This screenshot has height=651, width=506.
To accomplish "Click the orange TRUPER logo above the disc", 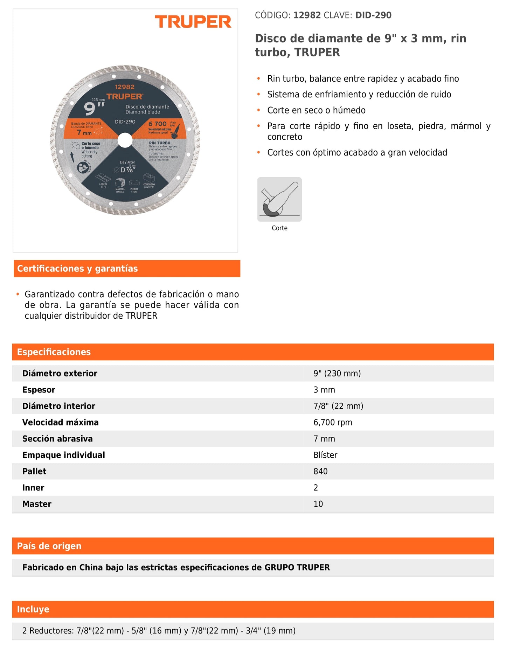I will pos(193,22).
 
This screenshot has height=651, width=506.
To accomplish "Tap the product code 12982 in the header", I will pos(307,15).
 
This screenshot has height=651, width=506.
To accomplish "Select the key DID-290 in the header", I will pos(373,15).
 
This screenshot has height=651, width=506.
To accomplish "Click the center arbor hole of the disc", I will pos(125,140).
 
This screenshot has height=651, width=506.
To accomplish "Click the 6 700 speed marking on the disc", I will pos(157,124).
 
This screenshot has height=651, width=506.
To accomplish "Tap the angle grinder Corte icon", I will pos(279,199).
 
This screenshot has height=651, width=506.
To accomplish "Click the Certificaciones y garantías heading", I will pos(77,269).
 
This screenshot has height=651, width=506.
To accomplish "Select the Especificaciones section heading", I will pos(54,352).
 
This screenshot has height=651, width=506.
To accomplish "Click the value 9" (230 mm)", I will pos(337,373).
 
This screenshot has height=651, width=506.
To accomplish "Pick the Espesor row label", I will pos(39,390).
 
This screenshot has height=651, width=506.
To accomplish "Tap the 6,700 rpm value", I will pos(333,422).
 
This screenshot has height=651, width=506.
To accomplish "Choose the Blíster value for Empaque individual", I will pos(325,455).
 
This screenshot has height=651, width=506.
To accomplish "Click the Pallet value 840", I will pos(320,471).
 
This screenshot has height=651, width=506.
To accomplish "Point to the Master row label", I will pos(37,504).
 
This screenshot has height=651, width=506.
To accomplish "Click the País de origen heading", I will pos(49,546).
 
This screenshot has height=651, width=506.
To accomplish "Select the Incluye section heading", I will pos(33,609).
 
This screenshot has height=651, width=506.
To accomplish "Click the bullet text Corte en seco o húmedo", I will pos(316,110).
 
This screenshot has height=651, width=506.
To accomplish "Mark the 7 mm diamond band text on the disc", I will pos(84,133).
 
